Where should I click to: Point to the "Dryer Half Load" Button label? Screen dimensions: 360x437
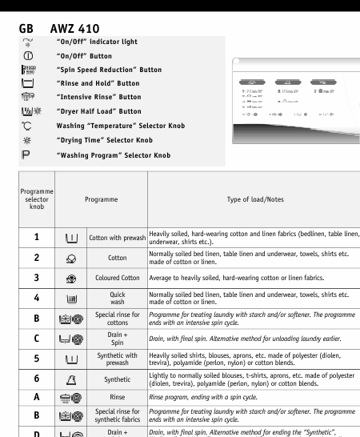(x=98, y=110)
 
